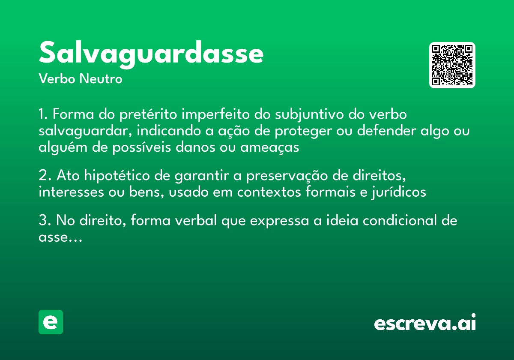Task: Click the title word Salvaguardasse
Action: [x=151, y=54]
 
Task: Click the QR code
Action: [x=452, y=65]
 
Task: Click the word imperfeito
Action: [x=215, y=115]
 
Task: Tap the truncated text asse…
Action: [x=60, y=237]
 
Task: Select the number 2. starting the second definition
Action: [x=45, y=176]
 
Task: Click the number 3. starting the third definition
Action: [x=45, y=221]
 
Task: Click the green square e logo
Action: [x=51, y=322]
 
